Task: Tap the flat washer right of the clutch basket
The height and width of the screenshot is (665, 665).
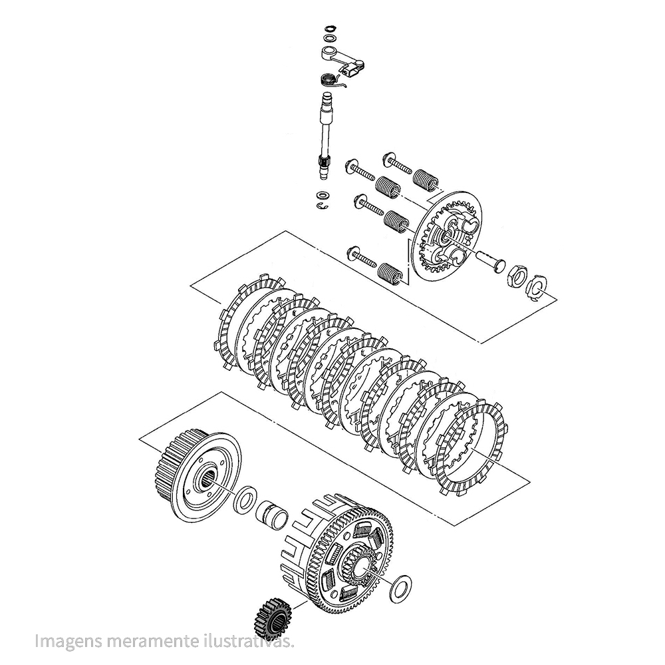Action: (x=400, y=588)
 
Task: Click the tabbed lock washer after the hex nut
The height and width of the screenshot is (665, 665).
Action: (x=537, y=287)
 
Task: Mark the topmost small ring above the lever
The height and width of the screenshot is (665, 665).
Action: (x=329, y=29)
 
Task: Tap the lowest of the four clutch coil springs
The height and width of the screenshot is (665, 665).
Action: (x=389, y=272)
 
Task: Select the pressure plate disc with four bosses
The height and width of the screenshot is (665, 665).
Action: (x=446, y=236)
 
